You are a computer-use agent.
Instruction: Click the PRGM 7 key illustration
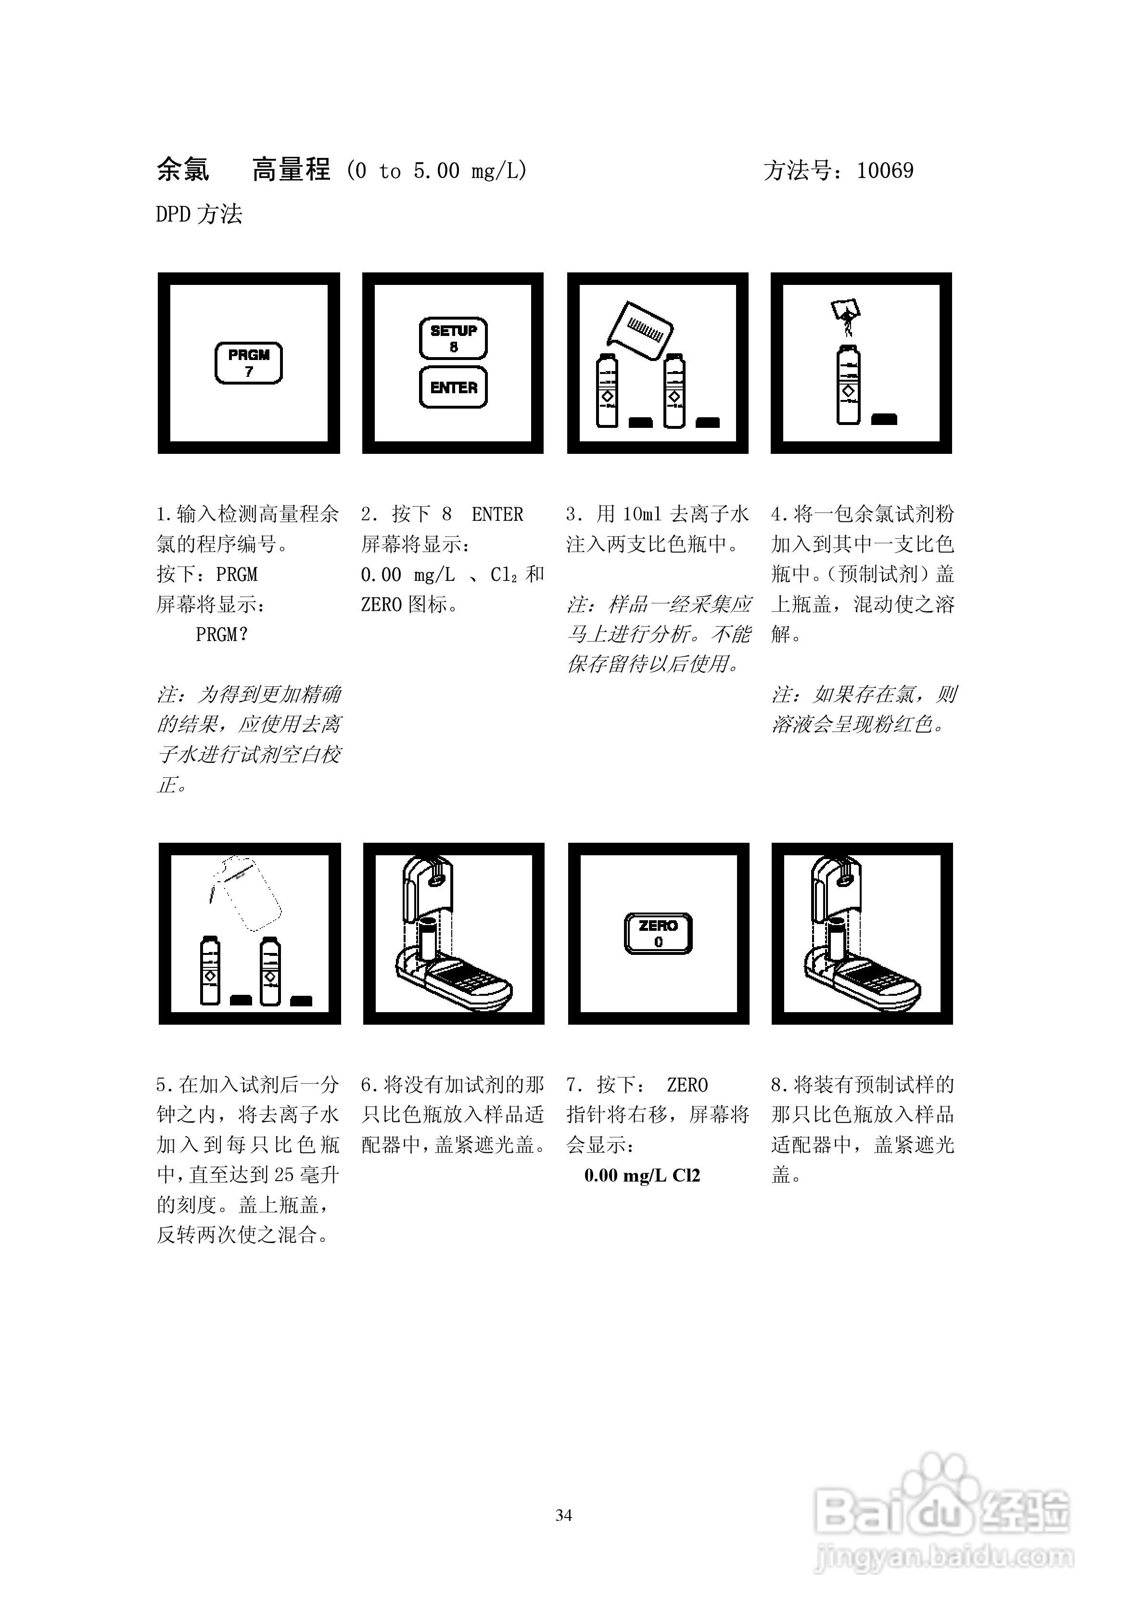(248, 363)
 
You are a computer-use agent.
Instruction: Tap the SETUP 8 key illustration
(453, 338)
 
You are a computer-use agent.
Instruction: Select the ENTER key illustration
(453, 387)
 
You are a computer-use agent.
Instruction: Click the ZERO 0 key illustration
(658, 933)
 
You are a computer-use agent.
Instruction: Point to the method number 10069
(885, 171)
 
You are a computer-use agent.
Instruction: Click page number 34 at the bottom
(563, 1516)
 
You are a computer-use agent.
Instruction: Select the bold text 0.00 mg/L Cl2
(642, 1175)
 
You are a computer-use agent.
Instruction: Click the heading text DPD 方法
(199, 214)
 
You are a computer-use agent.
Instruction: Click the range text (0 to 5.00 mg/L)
(437, 171)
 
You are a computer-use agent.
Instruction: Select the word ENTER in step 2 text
(497, 515)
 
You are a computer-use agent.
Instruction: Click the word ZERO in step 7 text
(687, 1085)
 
